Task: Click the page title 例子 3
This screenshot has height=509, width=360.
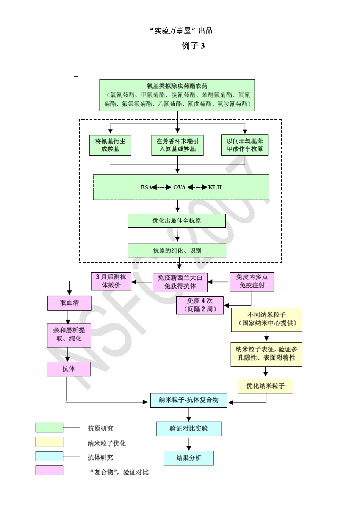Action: pyautogui.click(x=193, y=46)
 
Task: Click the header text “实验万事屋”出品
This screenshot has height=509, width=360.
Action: pyautogui.click(x=181, y=31)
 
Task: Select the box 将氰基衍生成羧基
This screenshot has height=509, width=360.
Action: pyautogui.click(x=110, y=145)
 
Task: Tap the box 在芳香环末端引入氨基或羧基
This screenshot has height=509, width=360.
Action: pyautogui.click(x=177, y=145)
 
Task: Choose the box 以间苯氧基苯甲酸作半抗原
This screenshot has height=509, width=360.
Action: pyautogui.click(x=245, y=145)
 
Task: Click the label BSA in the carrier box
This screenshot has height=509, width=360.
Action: pyautogui.click(x=146, y=187)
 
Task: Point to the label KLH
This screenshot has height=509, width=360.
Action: pyautogui.click(x=215, y=187)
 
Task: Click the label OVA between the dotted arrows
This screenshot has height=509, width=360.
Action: pyautogui.click(x=179, y=187)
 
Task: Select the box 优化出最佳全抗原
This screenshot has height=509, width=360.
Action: pyautogui.click(x=177, y=221)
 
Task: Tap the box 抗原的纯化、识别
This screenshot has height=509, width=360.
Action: pyautogui.click(x=177, y=251)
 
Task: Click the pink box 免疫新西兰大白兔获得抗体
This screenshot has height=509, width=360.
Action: pyautogui.click(x=180, y=282)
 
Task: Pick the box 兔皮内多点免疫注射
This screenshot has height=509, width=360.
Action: pyautogui.click(x=252, y=281)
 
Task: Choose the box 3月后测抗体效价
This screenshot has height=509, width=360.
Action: pyautogui.click(x=111, y=281)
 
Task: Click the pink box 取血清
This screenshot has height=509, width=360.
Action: pyautogui.click(x=69, y=303)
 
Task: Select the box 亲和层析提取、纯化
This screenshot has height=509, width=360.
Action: pyautogui.click(x=69, y=335)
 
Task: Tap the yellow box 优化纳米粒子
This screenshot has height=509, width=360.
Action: pyautogui.click(x=265, y=386)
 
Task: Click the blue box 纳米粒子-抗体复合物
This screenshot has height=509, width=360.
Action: pyautogui.click(x=189, y=400)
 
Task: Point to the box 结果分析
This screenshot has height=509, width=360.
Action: pyautogui.click(x=189, y=458)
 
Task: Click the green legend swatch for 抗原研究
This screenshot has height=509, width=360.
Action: pyautogui.click(x=49, y=428)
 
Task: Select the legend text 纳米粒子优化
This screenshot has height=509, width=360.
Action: pyautogui.click(x=106, y=443)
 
